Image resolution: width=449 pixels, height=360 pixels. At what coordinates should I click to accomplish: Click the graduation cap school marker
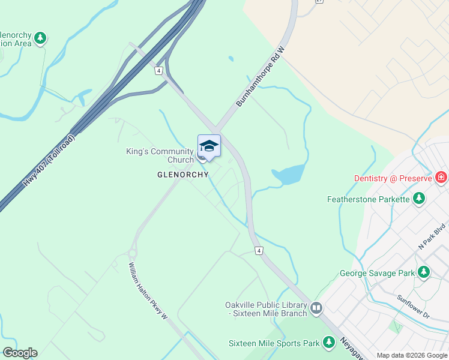(209, 146)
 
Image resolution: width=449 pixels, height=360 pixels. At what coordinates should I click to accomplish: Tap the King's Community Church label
(160, 155)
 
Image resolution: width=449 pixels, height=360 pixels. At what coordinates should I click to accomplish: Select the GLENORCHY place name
(182, 175)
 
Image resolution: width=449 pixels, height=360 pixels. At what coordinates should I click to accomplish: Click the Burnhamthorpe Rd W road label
(259, 78)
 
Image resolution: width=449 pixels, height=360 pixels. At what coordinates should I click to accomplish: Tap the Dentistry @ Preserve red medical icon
(442, 178)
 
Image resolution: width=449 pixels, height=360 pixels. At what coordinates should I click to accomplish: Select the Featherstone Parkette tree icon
(419, 199)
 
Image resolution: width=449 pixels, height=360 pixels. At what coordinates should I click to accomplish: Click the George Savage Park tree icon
(424, 273)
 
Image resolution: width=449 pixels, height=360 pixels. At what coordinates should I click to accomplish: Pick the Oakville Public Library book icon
(316, 309)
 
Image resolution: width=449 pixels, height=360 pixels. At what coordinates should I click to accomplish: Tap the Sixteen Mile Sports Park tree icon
(328, 343)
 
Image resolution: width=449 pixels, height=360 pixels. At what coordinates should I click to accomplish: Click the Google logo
(20, 353)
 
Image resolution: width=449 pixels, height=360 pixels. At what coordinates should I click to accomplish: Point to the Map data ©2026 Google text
(411, 355)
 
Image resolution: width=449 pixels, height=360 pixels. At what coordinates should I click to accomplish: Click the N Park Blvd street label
(432, 237)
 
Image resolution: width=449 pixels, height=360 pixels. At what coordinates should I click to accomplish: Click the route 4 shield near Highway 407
(158, 71)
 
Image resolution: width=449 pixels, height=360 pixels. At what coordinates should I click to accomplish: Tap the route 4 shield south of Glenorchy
(258, 250)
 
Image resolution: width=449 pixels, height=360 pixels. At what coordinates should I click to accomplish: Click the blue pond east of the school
(289, 175)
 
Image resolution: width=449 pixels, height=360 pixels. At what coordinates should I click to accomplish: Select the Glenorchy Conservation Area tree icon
(40, 38)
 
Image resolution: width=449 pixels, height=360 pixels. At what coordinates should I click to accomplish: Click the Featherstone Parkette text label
(369, 199)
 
